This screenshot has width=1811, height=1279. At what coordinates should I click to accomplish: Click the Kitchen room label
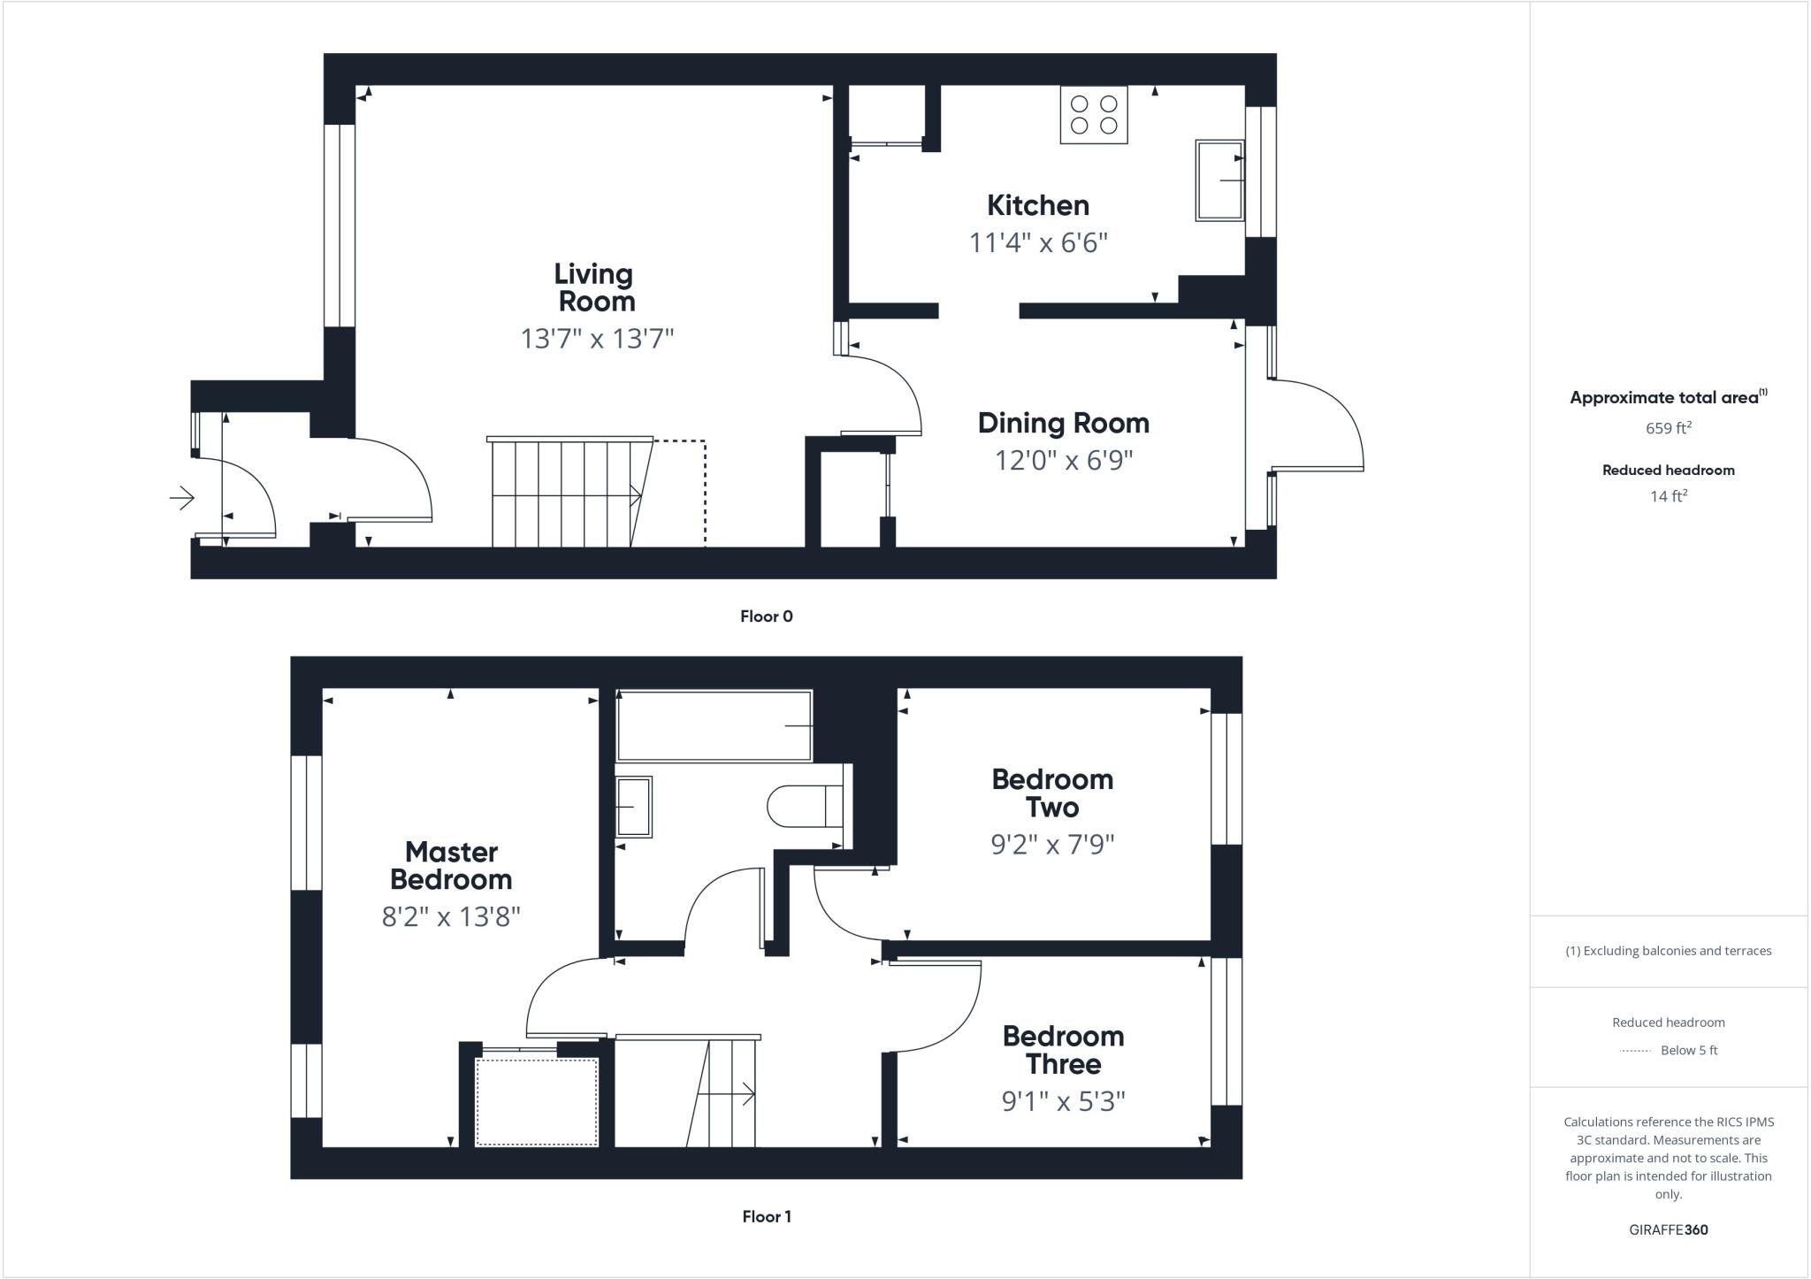pos(1037,205)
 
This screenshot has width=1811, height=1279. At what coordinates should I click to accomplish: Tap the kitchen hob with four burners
pos(1094,115)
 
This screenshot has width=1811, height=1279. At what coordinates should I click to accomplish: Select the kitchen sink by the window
pos(1220,180)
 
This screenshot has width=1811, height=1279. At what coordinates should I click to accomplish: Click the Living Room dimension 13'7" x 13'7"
pos(597,338)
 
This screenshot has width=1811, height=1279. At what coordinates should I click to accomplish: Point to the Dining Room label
pos(1063,423)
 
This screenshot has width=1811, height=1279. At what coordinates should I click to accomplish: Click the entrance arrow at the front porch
pos(182,498)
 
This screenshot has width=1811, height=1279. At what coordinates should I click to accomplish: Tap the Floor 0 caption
pos(766,617)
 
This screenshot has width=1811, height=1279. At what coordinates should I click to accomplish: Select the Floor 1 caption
pos(766,1216)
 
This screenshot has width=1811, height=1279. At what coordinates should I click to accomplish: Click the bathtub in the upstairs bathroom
pos(714,726)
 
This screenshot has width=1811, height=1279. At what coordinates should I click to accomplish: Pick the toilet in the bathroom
pos(805,806)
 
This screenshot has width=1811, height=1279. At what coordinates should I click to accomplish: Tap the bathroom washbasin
pos(633,807)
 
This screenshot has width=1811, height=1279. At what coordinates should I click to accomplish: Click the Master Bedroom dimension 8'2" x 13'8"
pos(450,916)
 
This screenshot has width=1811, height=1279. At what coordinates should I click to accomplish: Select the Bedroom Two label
pos(1051,793)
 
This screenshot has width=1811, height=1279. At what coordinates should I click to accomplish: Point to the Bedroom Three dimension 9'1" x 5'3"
pos(1063,1101)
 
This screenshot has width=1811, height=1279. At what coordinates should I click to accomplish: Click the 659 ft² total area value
pos(1668,428)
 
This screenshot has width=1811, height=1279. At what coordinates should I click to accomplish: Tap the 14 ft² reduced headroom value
pos(1668,496)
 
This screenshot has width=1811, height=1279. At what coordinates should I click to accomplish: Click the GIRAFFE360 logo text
pos(1668,1229)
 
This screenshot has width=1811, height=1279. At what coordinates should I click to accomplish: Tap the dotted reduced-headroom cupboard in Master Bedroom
pos(537,1102)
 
